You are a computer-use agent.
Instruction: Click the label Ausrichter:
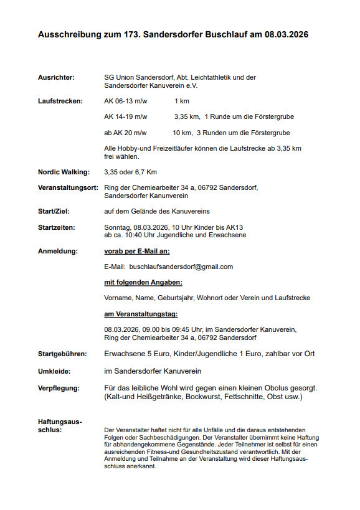tap(56, 77)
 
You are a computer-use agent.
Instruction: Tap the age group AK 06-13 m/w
tap(125, 100)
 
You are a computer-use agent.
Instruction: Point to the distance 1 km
tap(182, 100)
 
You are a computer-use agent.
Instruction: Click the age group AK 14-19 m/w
tap(125, 116)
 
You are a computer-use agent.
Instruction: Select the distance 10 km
tap(182, 133)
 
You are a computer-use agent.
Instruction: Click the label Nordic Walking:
tap(64, 172)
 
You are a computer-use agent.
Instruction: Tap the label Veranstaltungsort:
tap(68, 187)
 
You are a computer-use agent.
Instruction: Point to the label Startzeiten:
tap(57, 227)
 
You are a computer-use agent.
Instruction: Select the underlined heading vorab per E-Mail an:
tap(137, 251)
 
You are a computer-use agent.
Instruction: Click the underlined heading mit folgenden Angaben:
tap(139, 282)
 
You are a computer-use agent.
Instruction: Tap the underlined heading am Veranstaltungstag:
tap(141, 314)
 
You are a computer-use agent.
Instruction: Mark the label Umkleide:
tap(54, 371)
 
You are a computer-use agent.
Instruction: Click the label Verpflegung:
tap(59, 388)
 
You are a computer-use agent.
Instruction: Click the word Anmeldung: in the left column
tap(58, 251)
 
